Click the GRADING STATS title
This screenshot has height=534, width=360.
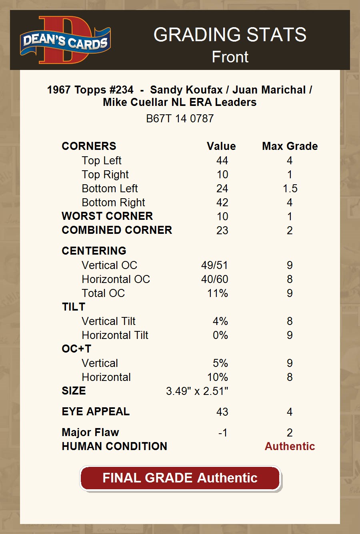point(230,35)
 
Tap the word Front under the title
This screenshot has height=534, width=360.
point(230,57)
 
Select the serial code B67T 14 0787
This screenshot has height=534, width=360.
point(180,119)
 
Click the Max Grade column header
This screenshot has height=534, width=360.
point(290,146)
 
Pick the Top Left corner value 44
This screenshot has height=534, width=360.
point(222,161)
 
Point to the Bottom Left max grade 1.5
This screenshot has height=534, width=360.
point(290,189)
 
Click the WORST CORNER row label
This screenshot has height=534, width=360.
point(107,216)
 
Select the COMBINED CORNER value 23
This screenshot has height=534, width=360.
point(222,231)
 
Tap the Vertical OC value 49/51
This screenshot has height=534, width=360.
point(214,265)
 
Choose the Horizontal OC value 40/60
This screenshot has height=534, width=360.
point(214,279)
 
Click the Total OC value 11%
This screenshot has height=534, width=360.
point(218,293)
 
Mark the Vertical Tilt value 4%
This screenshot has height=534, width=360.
point(220,321)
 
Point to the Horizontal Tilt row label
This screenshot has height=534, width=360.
point(115,335)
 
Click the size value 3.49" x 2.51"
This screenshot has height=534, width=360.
point(197,391)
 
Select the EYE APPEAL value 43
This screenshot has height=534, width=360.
point(222,412)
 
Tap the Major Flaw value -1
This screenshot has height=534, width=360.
point(223,433)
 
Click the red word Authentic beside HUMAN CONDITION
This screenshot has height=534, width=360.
point(290,446)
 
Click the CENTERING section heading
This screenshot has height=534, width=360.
point(94,251)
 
